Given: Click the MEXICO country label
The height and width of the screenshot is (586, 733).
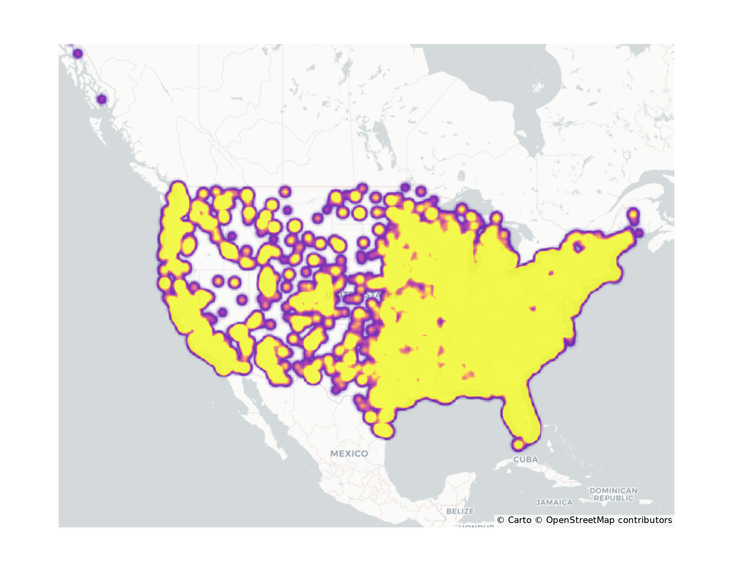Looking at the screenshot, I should click(349, 454).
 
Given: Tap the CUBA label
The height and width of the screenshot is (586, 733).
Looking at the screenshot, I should click(526, 459).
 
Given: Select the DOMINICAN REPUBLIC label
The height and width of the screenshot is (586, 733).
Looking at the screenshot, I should click(613, 494).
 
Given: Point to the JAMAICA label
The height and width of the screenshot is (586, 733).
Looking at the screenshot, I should click(554, 502).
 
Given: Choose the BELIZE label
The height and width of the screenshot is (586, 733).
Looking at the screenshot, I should click(460, 511).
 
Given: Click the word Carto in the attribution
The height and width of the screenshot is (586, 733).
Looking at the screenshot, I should click(519, 520).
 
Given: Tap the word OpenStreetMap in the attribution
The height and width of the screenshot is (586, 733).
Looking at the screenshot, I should click(580, 520).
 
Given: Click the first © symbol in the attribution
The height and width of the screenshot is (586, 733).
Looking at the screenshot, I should click(501, 520).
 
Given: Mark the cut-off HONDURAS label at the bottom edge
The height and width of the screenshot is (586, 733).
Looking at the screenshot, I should click(476, 526).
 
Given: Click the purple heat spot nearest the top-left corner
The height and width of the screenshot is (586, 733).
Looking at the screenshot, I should click(78, 54).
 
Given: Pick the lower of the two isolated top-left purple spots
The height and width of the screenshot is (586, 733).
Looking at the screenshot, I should click(102, 99).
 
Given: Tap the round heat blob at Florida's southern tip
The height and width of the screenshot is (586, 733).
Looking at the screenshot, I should click(518, 445).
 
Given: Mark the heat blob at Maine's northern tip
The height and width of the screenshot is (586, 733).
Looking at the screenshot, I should click(633, 214).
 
